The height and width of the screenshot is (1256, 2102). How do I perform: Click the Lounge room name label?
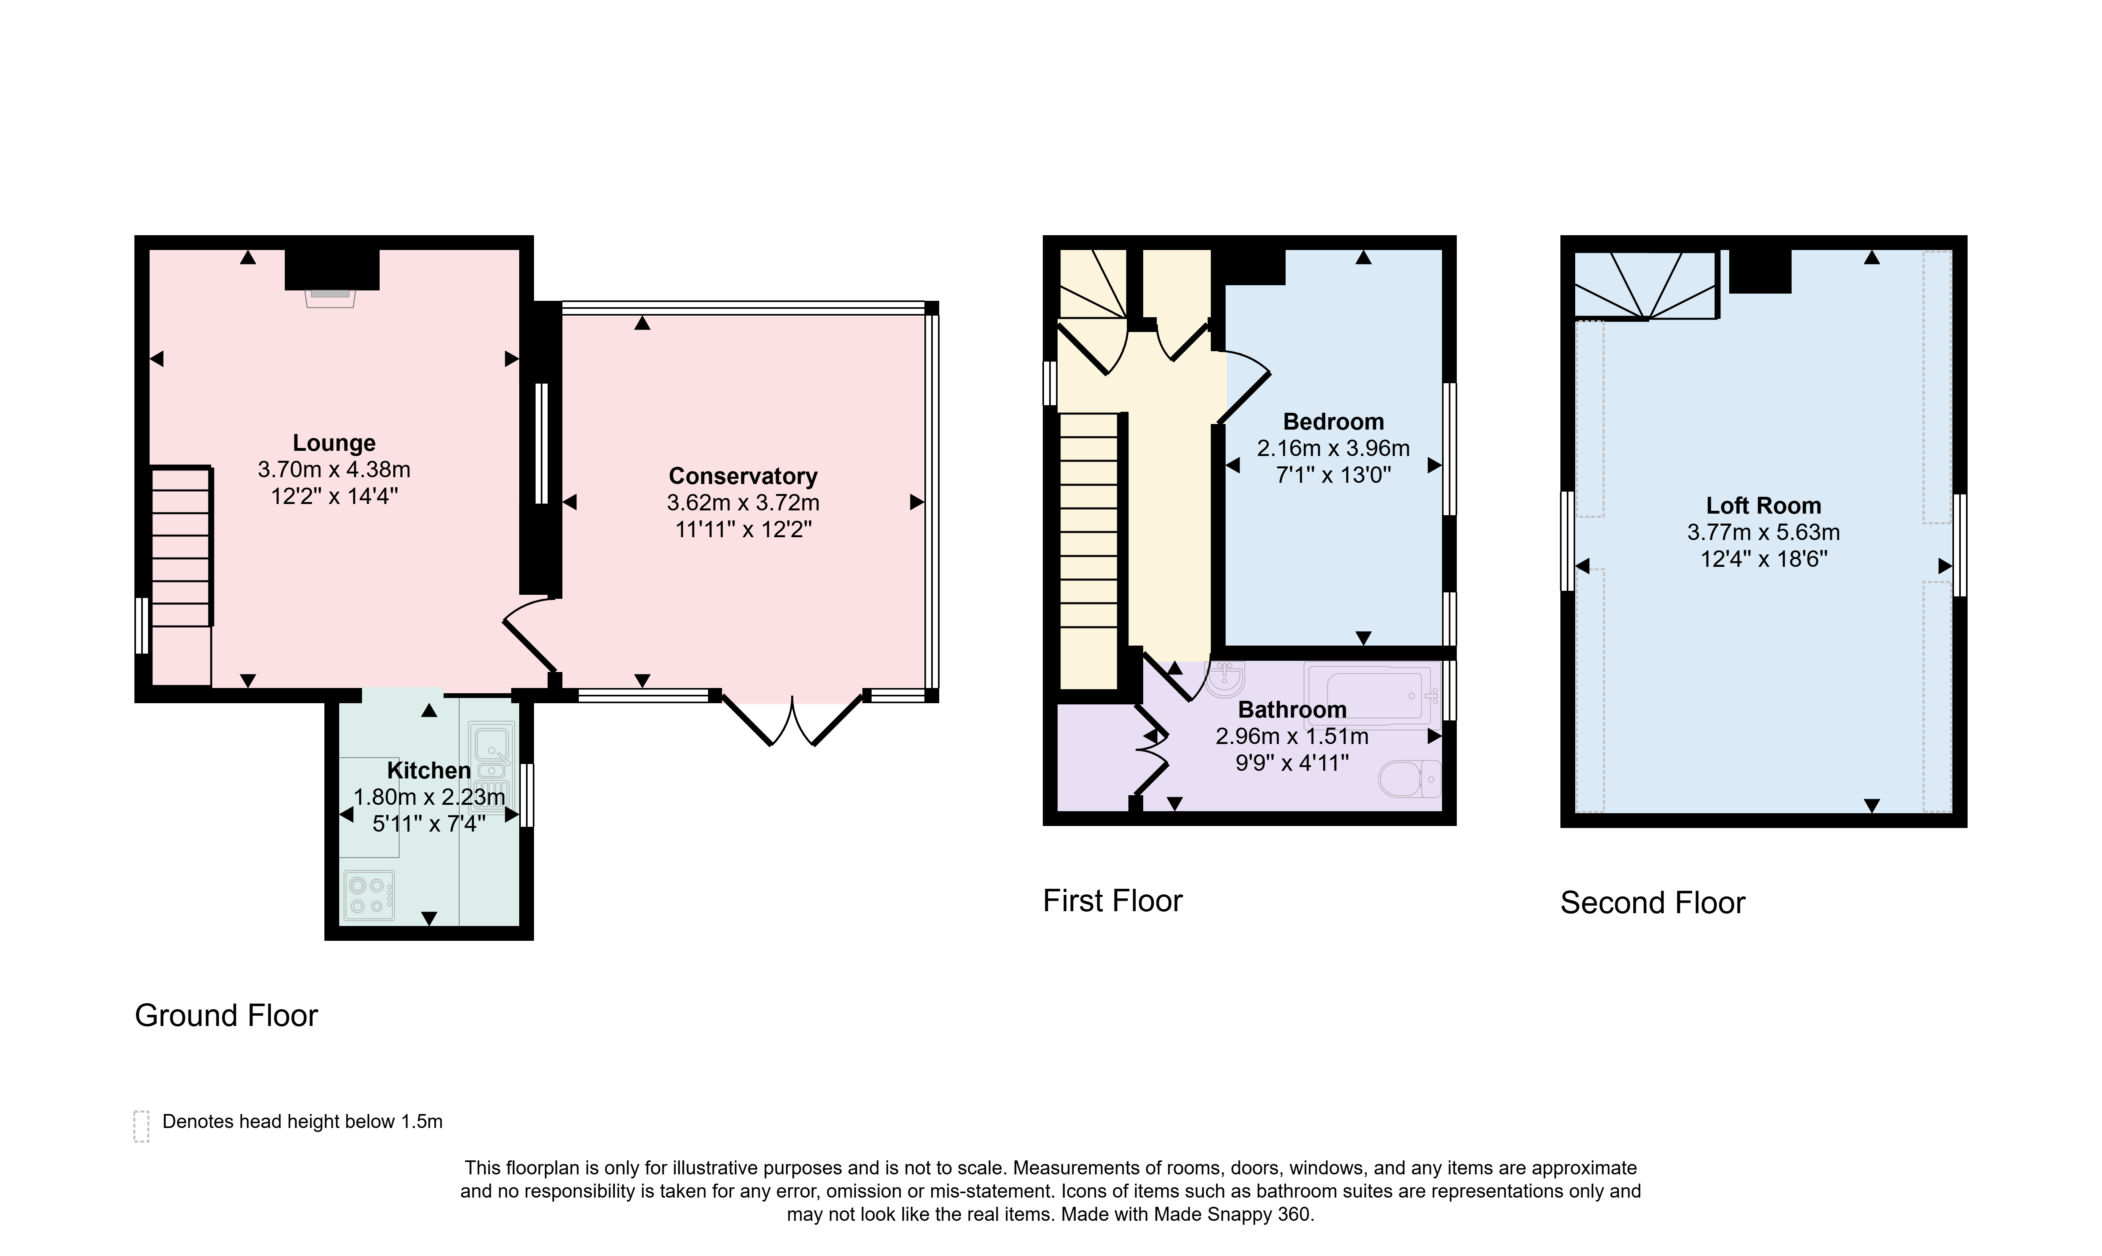tap(334, 443)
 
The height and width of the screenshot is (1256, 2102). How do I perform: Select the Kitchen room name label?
tap(429, 770)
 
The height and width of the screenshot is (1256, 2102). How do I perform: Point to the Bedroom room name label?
tap(1334, 422)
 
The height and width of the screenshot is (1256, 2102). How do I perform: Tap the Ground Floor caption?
tap(226, 1016)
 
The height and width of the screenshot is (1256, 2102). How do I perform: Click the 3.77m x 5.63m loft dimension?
tap(1764, 532)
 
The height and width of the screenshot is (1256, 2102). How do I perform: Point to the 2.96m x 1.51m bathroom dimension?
tap(1292, 736)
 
